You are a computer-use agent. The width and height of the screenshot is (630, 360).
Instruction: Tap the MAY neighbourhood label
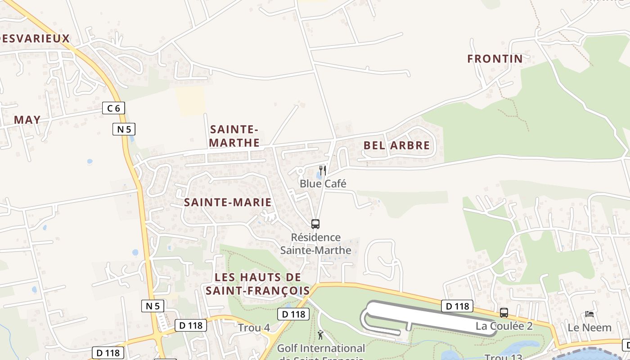pyautogui.click(x=27, y=120)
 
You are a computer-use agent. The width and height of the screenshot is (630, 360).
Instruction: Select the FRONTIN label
pyautogui.click(x=495, y=58)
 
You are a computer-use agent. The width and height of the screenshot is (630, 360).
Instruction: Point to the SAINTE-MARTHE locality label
pyautogui.click(x=234, y=136)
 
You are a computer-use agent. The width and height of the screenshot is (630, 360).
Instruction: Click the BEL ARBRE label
pyautogui.click(x=396, y=145)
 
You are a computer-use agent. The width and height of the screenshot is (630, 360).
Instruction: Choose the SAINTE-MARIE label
pyautogui.click(x=228, y=202)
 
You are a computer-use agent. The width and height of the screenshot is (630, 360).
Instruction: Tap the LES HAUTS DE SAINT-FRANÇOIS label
pyautogui.click(x=258, y=283)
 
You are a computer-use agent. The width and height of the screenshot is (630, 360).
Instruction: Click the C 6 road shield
pyautogui.click(x=113, y=108)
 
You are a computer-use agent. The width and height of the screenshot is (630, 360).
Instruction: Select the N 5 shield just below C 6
pyautogui.click(x=124, y=130)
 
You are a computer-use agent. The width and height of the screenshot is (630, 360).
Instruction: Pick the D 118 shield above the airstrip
pyautogui.click(x=457, y=306)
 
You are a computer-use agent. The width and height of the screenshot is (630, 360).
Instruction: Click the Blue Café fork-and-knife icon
pyautogui.click(x=323, y=170)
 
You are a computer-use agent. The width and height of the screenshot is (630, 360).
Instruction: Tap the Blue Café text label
pyautogui.click(x=323, y=184)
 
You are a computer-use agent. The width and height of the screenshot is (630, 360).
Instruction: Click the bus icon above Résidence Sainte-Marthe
pyautogui.click(x=315, y=224)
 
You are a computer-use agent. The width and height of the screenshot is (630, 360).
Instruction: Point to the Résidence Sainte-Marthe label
pyautogui.click(x=315, y=243)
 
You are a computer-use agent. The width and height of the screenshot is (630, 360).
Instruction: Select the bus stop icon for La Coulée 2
pyautogui.click(x=504, y=312)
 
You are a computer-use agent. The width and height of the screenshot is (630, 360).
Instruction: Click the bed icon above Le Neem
pyautogui.click(x=589, y=314)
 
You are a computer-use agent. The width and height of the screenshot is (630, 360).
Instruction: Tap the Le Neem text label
pyautogui.click(x=589, y=328)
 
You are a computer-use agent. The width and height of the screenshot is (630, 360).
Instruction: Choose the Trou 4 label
pyautogui.click(x=254, y=328)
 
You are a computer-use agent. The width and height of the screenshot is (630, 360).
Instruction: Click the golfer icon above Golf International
pyautogui.click(x=320, y=335)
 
